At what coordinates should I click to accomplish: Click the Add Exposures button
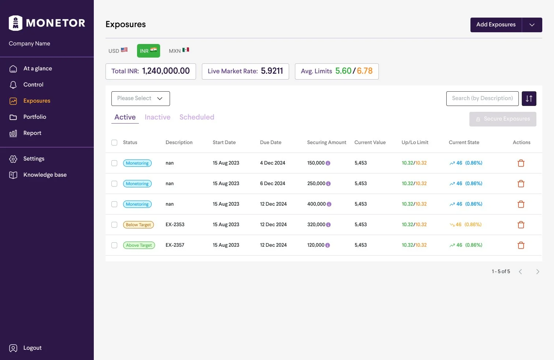496,25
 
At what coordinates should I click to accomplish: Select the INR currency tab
148,51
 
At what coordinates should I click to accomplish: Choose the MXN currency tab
179,51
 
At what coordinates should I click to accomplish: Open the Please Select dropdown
140,99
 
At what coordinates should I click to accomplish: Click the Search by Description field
482,99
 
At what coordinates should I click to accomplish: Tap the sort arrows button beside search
529,99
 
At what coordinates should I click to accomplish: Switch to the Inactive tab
158,117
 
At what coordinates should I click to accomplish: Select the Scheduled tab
197,117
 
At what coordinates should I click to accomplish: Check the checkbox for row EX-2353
114,225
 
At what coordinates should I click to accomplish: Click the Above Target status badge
139,245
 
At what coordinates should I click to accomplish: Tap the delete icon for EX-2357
521,245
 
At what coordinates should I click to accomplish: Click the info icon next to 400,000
329,204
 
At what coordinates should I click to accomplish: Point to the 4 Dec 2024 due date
273,163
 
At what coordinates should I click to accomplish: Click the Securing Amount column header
326,143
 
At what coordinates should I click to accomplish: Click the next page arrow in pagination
538,272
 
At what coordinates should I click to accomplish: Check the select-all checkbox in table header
114,143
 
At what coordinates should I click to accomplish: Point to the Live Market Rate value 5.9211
272,71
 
